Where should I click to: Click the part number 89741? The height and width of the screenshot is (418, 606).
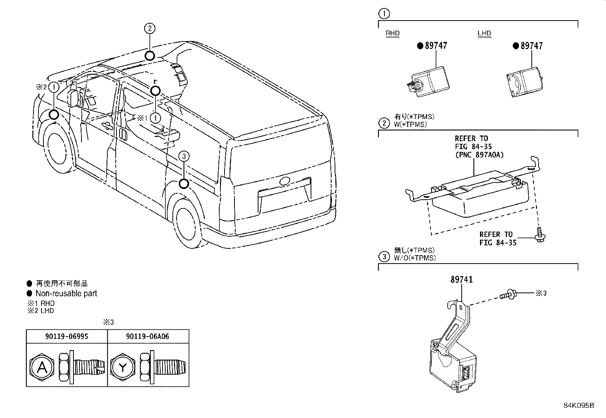[x=461, y=279]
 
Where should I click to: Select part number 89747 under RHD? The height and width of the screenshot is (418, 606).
[x=436, y=45]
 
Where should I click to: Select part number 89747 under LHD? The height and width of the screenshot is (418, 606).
[x=532, y=45]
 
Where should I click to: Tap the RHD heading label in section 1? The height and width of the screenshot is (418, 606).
[x=392, y=33]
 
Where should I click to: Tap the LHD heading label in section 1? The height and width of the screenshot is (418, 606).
[x=484, y=33]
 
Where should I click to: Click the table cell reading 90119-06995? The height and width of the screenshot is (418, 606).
[x=67, y=336]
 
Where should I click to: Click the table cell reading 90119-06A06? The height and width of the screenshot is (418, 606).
[x=147, y=336]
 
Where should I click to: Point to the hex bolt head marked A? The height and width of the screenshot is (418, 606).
[x=41, y=368]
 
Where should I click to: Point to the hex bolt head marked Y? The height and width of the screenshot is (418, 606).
[x=123, y=368]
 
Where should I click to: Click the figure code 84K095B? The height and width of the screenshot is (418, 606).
[x=579, y=405]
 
